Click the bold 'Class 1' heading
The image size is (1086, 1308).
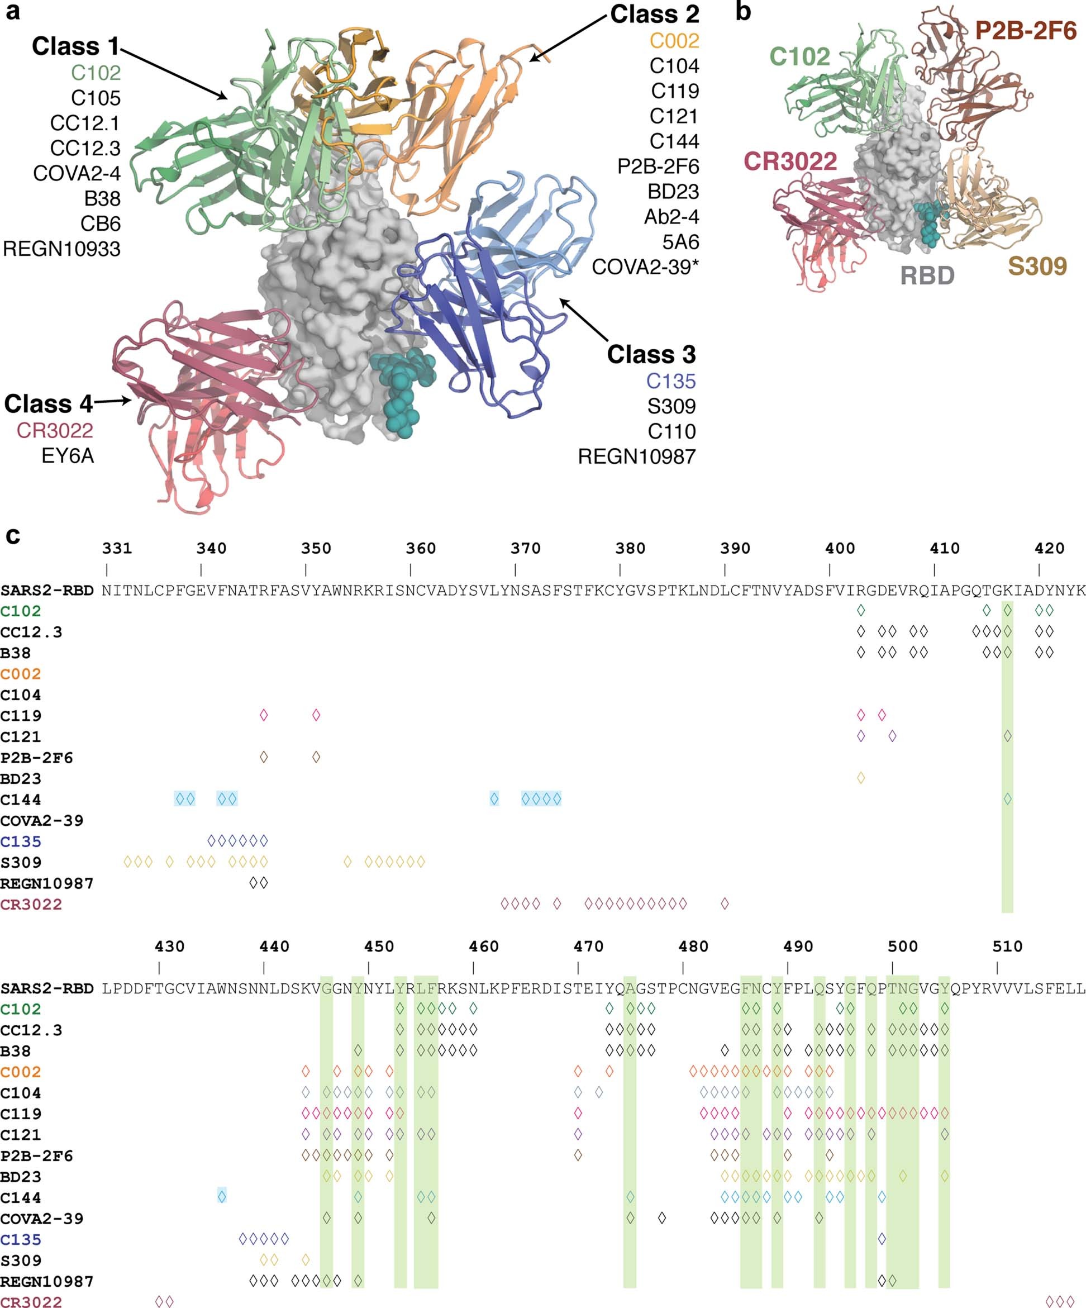tap(75, 47)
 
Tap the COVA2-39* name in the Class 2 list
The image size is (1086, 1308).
tap(645, 267)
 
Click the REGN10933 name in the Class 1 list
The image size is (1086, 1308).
tap(61, 249)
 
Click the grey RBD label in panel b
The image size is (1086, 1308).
tap(927, 275)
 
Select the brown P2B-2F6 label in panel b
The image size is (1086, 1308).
tap(1026, 31)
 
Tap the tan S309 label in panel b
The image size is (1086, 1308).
tap(1037, 267)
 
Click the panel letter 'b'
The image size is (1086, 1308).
tap(743, 11)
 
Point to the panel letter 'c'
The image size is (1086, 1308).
tap(12, 536)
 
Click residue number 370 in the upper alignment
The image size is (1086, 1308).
tap(525, 548)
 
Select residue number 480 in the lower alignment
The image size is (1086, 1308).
tap(693, 946)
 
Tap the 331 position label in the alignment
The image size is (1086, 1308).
tap(117, 548)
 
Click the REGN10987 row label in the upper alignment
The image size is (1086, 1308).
tap(47, 883)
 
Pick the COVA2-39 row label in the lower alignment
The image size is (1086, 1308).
tap(42, 1218)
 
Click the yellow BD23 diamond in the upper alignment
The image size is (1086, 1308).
tap(860, 777)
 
